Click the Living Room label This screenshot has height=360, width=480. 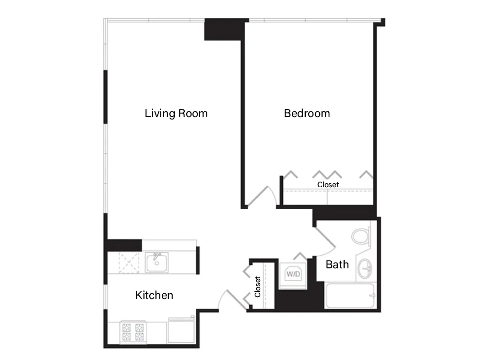[176, 114]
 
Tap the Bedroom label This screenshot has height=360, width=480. [307, 114]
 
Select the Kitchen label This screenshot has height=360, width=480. [154, 295]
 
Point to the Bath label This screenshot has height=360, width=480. [337, 264]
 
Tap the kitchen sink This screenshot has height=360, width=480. [156, 263]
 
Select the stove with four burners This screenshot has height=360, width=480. [133, 332]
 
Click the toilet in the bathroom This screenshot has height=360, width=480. [361, 237]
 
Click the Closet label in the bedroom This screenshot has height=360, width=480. [328, 185]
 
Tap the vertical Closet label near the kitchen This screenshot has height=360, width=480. [258, 287]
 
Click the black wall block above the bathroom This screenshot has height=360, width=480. [344, 212]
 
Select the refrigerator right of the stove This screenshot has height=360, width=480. [180, 331]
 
